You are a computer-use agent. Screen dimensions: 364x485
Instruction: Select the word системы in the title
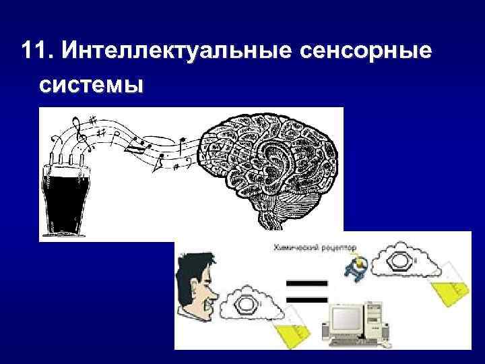[91, 86]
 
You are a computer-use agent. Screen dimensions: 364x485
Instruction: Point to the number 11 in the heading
[33, 51]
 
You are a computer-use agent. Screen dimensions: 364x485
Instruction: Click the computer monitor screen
[345, 318]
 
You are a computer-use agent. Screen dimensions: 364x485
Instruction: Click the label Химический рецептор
[315, 247]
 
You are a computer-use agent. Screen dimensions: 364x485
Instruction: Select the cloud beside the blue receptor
[407, 262]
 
